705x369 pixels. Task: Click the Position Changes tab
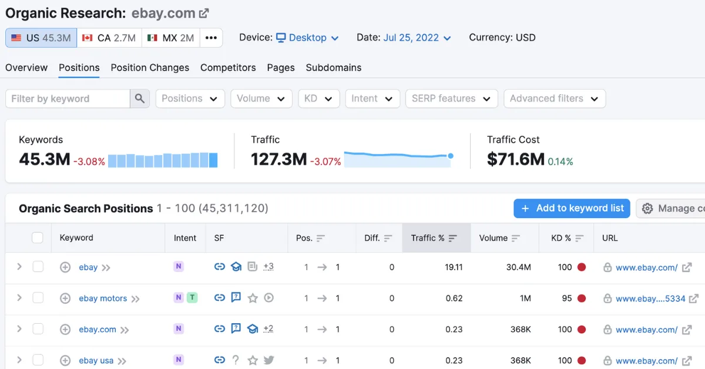[150, 68]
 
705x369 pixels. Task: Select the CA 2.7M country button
[109, 38]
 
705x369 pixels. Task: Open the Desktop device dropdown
[307, 38]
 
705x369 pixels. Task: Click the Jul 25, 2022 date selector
[417, 38]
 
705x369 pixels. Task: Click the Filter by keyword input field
[68, 99]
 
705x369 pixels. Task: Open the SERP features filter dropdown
[451, 99]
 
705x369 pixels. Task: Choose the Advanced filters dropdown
[554, 99]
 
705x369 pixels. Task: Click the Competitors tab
[228, 68]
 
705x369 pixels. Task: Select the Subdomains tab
[333, 68]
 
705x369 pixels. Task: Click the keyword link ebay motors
[103, 298]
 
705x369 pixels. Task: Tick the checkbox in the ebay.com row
[38, 329]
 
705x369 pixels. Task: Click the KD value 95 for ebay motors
[566, 298]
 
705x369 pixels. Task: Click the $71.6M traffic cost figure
[515, 159]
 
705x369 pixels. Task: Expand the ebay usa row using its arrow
[19, 360]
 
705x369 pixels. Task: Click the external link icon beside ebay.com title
[204, 13]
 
